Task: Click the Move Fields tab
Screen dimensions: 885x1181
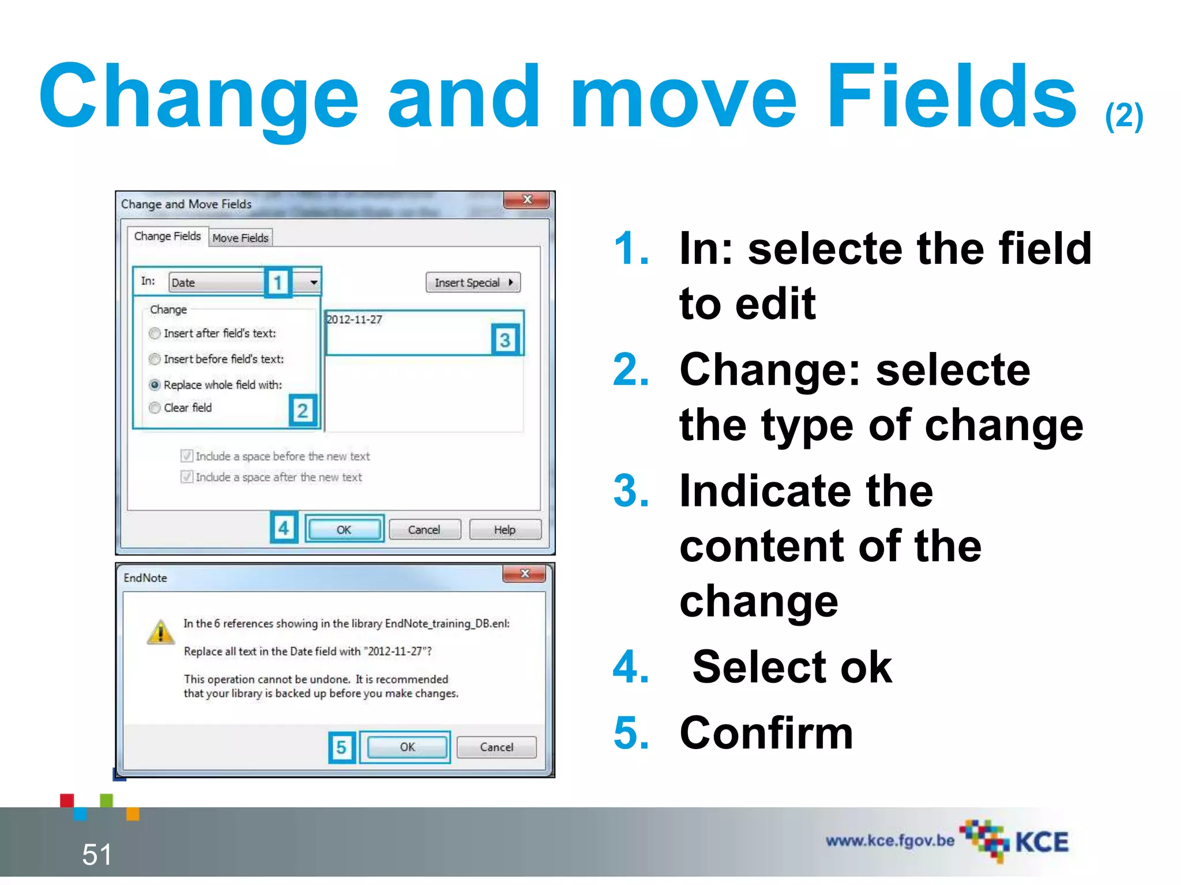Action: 240,237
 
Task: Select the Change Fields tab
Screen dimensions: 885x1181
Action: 167,236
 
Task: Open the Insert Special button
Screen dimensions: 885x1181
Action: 473,282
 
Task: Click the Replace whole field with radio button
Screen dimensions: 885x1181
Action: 155,385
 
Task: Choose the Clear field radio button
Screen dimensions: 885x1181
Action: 155,408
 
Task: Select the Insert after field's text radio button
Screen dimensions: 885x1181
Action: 155,334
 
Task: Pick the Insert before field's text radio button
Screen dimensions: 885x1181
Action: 155,360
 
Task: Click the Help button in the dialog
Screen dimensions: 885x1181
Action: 505,530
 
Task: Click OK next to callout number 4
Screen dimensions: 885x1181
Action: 344,530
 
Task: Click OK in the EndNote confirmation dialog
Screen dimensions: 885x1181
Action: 407,747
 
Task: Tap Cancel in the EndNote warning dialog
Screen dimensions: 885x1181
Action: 496,747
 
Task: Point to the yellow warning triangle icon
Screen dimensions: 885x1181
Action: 161,632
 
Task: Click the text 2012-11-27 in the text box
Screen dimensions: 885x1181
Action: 355,320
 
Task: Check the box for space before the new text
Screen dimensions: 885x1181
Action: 187,456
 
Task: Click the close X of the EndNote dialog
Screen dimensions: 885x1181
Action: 524,574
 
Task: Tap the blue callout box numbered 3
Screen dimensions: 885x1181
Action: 505,340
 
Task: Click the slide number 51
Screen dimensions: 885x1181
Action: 97,854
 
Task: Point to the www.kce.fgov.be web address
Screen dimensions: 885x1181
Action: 890,841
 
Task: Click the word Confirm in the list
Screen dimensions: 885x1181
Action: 766,733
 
